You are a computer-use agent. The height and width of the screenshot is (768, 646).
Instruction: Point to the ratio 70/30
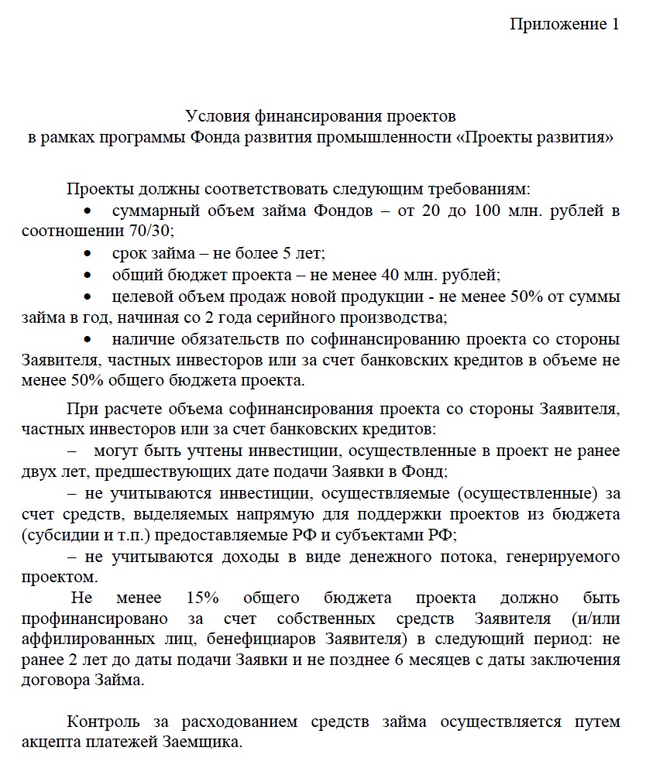(152, 231)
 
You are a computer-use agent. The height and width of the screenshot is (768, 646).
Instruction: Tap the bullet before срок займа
(91, 253)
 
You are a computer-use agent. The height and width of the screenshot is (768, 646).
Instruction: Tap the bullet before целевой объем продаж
(91, 296)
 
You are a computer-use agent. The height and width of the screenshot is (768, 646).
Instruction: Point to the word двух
(37, 470)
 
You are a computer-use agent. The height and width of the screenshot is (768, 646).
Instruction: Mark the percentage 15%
(204, 598)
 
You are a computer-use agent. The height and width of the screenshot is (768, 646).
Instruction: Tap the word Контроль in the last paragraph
(104, 722)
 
